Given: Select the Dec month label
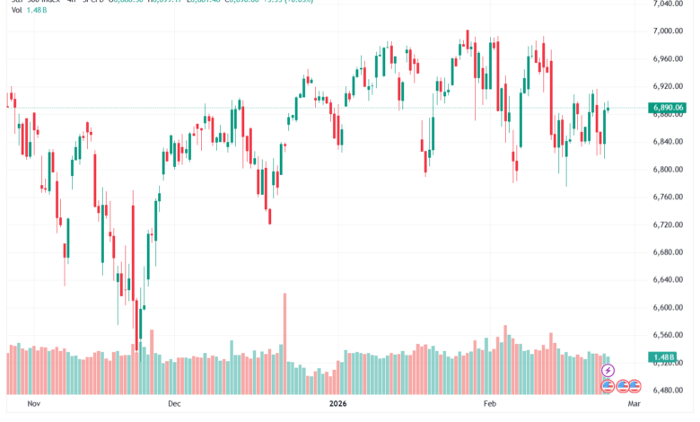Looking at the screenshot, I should click(174, 405).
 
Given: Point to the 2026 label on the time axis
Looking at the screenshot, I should click(337, 405).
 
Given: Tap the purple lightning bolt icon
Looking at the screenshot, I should click(608, 370).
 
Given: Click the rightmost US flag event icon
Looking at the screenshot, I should click(634, 386).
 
